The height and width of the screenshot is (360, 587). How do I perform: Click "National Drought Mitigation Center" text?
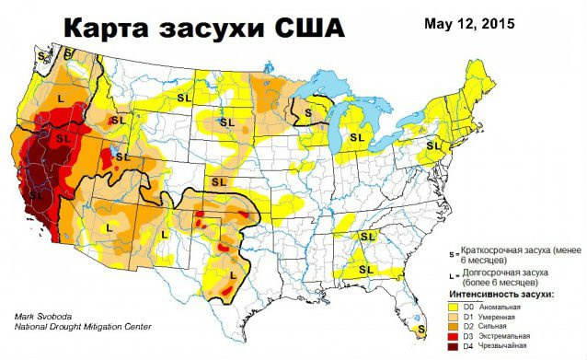click(82, 326)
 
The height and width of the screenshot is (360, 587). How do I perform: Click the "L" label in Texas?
click(232, 274)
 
